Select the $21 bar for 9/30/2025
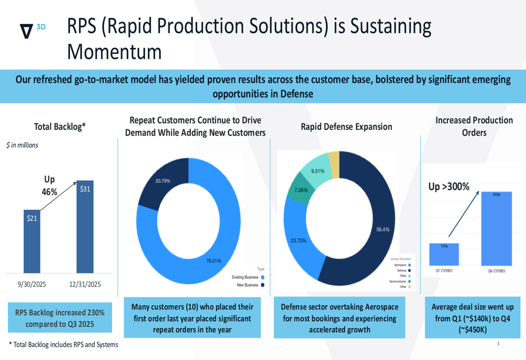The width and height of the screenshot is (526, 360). (x=32, y=241)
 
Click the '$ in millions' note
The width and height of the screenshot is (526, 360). (x=22, y=145)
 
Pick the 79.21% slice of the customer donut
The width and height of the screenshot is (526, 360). (x=221, y=252)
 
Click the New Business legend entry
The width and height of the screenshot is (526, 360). (x=248, y=285)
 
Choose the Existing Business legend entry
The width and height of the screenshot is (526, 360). (x=247, y=277)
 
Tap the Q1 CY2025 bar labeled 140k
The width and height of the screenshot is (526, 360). (x=443, y=254)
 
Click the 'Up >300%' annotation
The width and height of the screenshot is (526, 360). (x=450, y=186)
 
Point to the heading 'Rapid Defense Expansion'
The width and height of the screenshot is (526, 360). (x=346, y=127)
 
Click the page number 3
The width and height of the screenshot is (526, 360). (x=498, y=344)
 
